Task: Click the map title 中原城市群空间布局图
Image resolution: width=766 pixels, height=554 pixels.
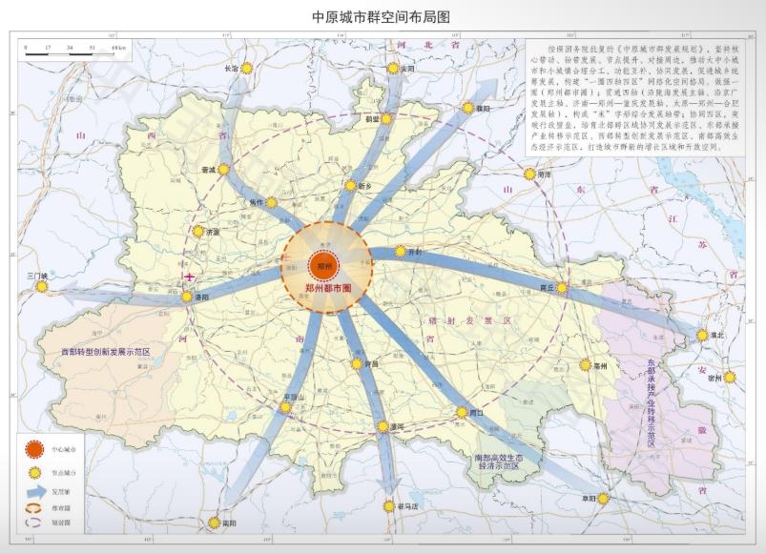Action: pyautogui.click(x=381, y=17)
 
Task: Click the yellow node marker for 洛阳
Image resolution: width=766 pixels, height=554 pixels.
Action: pyautogui.click(x=187, y=298)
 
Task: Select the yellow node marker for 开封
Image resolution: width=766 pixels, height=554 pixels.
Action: pyautogui.click(x=403, y=253)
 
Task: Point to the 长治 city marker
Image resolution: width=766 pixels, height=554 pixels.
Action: pyautogui.click(x=247, y=69)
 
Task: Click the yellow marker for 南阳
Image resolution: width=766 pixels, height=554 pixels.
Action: pyautogui.click(x=214, y=523)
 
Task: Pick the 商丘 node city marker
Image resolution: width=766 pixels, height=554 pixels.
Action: pyautogui.click(x=562, y=287)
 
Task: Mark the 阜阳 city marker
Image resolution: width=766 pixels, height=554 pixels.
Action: pyautogui.click(x=604, y=498)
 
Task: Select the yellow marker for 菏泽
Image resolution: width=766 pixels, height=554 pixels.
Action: pyautogui.click(x=529, y=174)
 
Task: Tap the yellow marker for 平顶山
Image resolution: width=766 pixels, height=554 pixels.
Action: pyautogui.click(x=285, y=407)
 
